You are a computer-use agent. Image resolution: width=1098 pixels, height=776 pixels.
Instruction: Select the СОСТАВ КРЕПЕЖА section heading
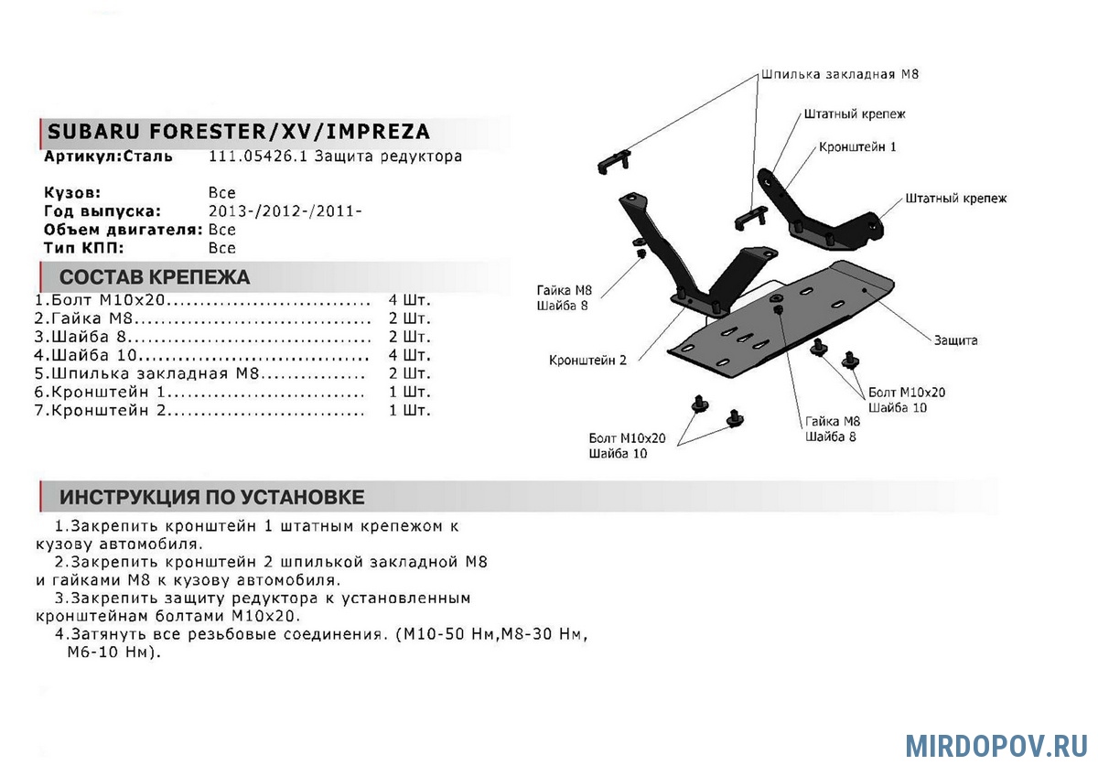click(x=154, y=277)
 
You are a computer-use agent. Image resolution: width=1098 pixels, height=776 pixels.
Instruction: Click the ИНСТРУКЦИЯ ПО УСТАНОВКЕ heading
click(x=211, y=497)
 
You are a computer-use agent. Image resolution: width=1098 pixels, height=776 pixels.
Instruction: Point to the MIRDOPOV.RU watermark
click(x=996, y=745)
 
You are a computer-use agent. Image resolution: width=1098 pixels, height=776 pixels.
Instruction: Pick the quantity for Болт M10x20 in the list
click(x=408, y=300)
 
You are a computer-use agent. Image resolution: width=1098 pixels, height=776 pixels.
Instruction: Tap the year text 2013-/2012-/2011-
click(x=285, y=211)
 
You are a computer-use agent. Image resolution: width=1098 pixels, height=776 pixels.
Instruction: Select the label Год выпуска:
click(x=102, y=211)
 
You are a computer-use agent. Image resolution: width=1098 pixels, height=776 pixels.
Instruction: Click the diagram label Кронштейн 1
click(x=857, y=146)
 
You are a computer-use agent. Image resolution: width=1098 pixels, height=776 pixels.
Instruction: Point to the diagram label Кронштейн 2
click(x=587, y=360)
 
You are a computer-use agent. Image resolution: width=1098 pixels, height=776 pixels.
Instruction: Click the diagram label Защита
click(x=955, y=340)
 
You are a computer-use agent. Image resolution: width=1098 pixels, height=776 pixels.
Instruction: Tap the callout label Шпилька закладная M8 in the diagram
click(x=839, y=73)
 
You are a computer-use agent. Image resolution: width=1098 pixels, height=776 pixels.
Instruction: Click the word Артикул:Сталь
click(x=108, y=156)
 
